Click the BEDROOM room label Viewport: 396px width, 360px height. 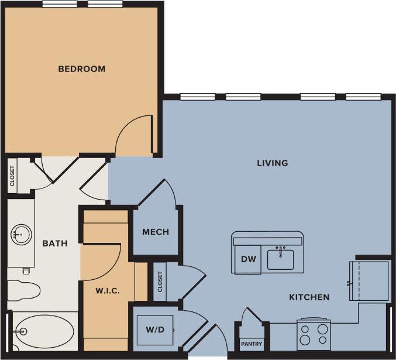[82, 69]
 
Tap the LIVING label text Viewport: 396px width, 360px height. [273, 163]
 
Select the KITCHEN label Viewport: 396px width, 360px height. [309, 297]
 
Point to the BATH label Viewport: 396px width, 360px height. [55, 244]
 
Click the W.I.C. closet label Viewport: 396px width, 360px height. [107, 290]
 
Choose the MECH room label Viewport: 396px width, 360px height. [156, 232]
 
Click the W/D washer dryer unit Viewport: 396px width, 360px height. [155, 330]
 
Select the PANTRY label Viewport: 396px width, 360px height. [252, 344]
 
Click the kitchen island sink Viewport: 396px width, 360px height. [281, 258]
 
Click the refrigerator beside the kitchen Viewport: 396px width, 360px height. [369, 281]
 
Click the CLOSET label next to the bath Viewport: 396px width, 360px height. [12, 175]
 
